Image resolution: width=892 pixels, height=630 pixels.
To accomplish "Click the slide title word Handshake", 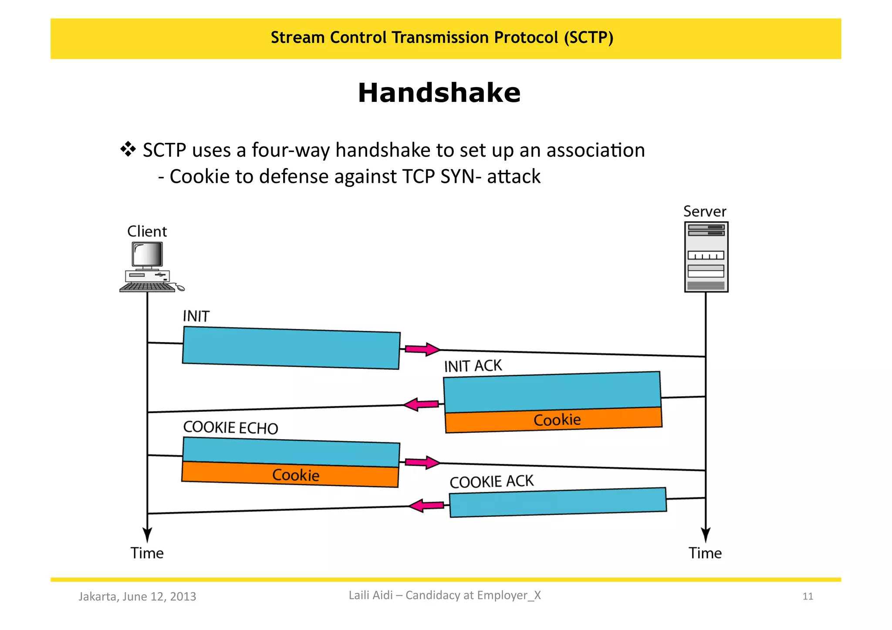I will pos(439,93).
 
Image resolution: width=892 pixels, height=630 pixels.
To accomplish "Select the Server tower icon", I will pos(706,257).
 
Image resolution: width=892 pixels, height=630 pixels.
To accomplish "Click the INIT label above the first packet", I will pos(196,316).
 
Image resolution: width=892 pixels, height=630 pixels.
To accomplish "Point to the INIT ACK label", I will pos(473,366).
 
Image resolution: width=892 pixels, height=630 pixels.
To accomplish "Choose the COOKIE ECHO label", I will pos(230,428).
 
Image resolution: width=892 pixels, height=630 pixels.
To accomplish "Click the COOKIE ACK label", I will pos(491,482).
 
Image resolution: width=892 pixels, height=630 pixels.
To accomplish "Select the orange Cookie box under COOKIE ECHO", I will pos(290,475).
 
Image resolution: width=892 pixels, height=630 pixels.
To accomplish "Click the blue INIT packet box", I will pos(291,348).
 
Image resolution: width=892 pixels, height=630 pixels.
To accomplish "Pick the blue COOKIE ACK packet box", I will pos(557,502).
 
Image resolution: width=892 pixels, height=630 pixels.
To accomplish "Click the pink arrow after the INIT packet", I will pos(422,349).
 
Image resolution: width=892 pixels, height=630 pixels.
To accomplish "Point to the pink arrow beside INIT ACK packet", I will pos(421,404).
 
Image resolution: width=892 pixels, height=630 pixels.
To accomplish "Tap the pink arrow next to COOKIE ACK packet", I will pos(427,505).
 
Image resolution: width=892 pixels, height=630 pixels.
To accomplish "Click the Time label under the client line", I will pos(147,553).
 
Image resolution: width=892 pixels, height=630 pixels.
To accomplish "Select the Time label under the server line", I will pos(705,553).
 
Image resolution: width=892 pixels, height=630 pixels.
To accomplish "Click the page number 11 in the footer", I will pos(808,596).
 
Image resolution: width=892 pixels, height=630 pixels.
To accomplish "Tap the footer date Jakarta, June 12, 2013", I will pos(137,596).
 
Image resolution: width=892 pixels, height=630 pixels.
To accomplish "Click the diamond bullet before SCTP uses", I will pos(128,149).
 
